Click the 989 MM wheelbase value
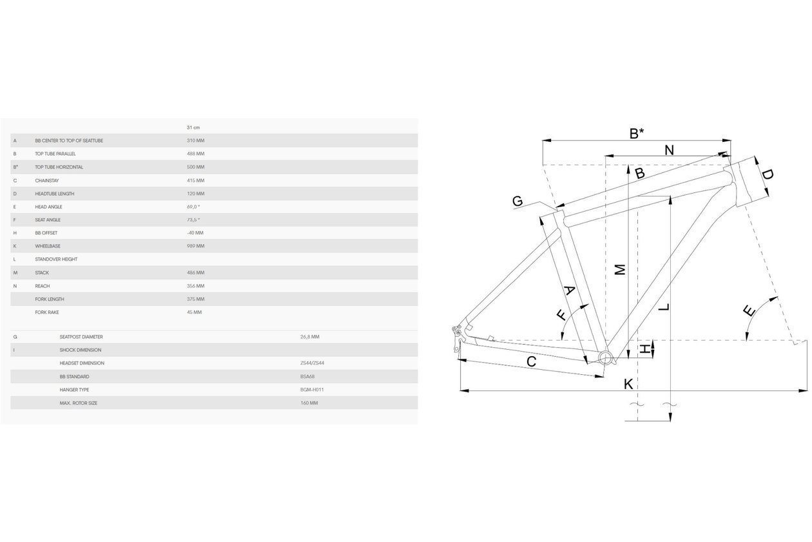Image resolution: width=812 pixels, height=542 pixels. (195, 246)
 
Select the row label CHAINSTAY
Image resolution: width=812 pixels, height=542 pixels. (47, 181)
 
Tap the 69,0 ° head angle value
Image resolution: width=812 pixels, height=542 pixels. (193, 207)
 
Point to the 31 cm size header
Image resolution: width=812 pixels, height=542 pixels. (193, 127)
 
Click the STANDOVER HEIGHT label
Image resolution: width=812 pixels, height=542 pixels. (56, 259)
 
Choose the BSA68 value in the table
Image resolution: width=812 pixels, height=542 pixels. (307, 376)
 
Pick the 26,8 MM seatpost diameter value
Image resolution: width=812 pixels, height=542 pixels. (309, 337)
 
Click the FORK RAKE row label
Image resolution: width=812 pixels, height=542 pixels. (47, 312)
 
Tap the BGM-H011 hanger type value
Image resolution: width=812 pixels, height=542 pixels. (312, 390)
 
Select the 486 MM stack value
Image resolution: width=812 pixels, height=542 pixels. (195, 273)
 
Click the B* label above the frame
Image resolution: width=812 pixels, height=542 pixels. (637, 133)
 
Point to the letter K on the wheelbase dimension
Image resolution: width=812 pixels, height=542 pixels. (628, 384)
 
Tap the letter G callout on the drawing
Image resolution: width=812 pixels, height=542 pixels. (517, 201)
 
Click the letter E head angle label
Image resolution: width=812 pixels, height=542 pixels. (749, 311)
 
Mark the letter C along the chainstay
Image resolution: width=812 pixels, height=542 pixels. (531, 361)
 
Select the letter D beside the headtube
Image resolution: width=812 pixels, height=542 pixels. (767, 175)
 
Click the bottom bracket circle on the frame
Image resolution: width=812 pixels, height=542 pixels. (605, 358)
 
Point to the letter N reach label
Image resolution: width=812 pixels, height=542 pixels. (669, 150)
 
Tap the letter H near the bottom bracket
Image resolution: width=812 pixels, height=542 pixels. (644, 349)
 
